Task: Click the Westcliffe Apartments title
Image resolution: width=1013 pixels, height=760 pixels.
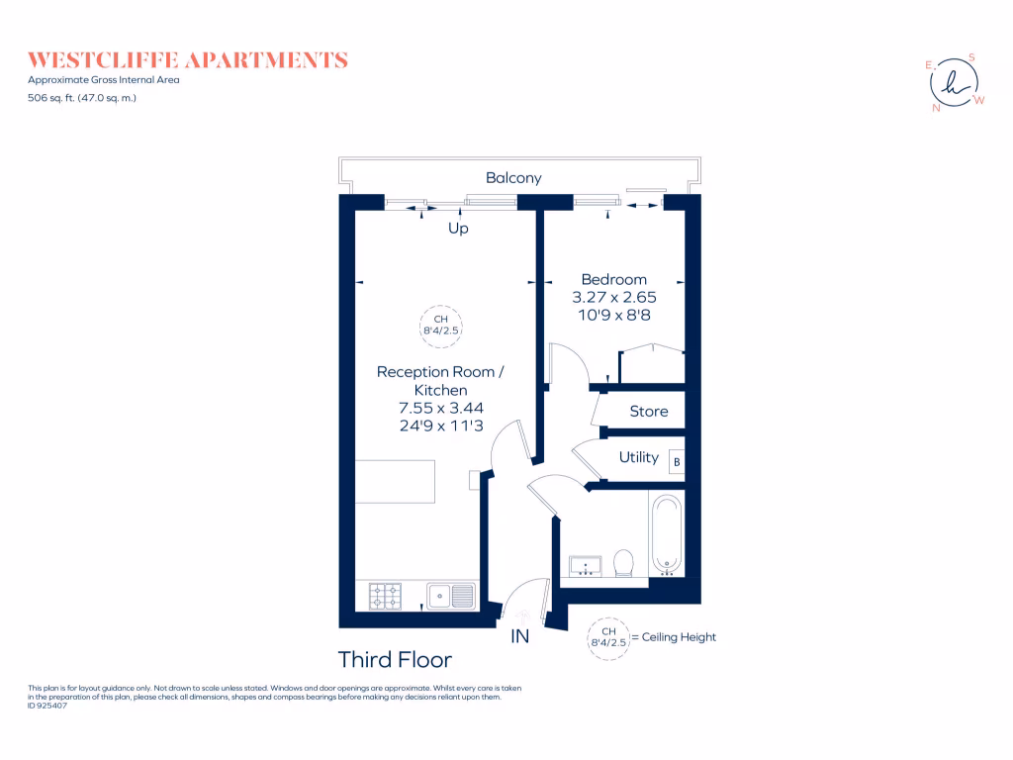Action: [188, 60]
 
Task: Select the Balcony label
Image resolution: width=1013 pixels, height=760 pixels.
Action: [513, 178]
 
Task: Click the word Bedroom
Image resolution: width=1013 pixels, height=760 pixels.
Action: [613, 279]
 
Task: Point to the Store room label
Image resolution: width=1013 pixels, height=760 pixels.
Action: [649, 411]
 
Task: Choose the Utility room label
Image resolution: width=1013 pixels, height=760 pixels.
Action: [639, 457]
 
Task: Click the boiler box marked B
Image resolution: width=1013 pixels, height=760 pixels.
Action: [678, 461]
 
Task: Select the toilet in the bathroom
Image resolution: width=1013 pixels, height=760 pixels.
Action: [623, 563]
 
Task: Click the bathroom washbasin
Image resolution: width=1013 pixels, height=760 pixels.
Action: [586, 566]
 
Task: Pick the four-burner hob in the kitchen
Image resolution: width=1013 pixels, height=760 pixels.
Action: [385, 596]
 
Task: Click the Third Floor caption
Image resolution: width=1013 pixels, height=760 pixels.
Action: [395, 659]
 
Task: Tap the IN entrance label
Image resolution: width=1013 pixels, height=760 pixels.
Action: [520, 636]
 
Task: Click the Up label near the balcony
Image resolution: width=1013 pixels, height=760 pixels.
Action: [458, 228]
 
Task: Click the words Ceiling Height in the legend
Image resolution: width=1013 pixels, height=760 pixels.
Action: [679, 637]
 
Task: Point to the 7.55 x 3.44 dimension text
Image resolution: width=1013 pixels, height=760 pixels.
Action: [440, 407]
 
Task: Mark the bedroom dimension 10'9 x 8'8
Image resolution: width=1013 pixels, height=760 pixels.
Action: [613, 315]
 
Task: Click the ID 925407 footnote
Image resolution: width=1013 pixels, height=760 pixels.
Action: [48, 706]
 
